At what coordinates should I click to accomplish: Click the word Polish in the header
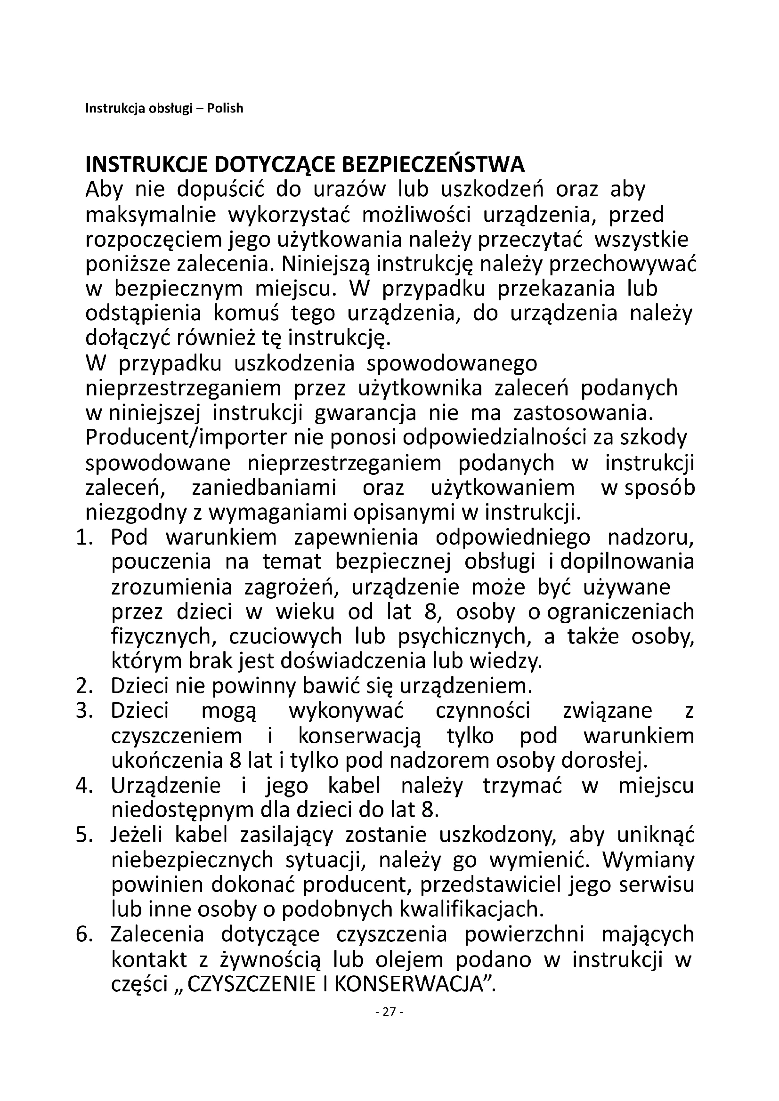point(225,109)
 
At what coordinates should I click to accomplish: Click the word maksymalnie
point(151,215)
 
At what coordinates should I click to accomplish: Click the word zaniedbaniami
point(264,488)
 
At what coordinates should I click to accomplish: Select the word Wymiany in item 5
point(648,861)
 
